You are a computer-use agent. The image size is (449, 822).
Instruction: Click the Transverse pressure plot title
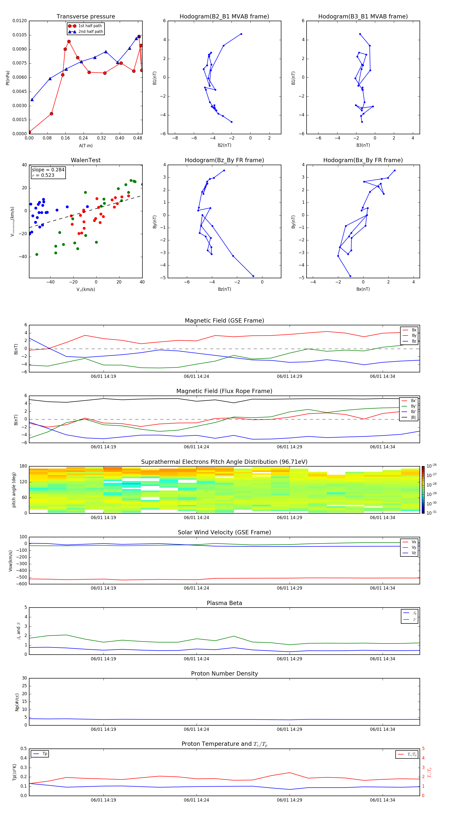click(x=86, y=17)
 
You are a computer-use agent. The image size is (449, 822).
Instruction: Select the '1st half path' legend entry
click(x=90, y=26)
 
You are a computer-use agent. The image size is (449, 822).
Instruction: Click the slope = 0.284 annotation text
click(x=48, y=170)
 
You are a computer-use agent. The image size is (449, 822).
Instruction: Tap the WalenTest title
click(x=86, y=160)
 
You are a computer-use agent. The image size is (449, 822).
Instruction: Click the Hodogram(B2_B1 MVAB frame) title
click(x=224, y=17)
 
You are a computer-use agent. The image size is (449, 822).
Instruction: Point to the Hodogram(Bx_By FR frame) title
click(x=363, y=160)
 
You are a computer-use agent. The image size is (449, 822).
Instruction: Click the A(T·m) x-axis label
click(x=86, y=145)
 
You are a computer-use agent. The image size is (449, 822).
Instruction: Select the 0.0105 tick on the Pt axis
click(x=19, y=35)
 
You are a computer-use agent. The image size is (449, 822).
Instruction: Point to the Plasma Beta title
click(x=224, y=603)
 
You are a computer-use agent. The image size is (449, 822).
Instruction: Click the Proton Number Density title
click(x=224, y=674)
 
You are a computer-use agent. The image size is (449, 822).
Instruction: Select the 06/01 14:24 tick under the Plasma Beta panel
click(x=196, y=659)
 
